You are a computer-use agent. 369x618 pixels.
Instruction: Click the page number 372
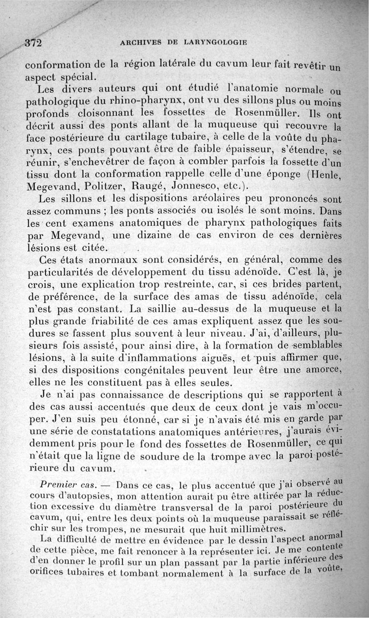33,43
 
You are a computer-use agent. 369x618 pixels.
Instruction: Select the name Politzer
105,187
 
